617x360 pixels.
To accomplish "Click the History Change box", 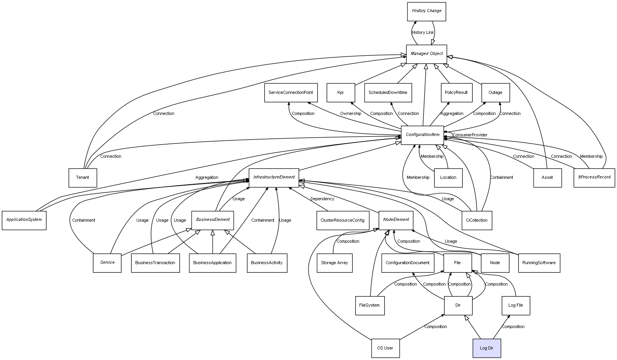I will (x=426, y=11).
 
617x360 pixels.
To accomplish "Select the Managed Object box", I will (x=426, y=54).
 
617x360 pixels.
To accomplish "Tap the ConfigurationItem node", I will (x=422, y=135).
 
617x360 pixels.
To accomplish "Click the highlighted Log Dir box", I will (x=487, y=348).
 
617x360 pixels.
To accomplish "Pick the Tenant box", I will (x=83, y=178).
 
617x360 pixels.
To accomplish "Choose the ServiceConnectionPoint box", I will (x=291, y=93).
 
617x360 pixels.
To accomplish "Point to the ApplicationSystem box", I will (x=24, y=220).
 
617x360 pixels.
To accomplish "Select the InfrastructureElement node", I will (x=274, y=178).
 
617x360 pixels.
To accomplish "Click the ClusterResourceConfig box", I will (x=342, y=220).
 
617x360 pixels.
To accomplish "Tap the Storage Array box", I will (x=334, y=263).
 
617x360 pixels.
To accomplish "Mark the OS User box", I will (x=385, y=348).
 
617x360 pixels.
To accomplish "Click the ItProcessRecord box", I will (x=594, y=178).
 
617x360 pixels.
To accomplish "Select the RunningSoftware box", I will (x=539, y=263).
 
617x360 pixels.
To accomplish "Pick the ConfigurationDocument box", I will (x=407, y=263).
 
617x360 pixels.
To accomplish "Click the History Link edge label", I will (x=423, y=33).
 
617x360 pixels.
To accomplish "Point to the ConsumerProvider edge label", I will (x=470, y=135).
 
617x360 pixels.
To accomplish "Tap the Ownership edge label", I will (x=350, y=114).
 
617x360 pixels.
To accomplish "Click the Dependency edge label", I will (x=322, y=199).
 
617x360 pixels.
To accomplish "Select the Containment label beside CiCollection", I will (x=501, y=178).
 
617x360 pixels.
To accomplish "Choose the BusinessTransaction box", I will (x=155, y=263).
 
